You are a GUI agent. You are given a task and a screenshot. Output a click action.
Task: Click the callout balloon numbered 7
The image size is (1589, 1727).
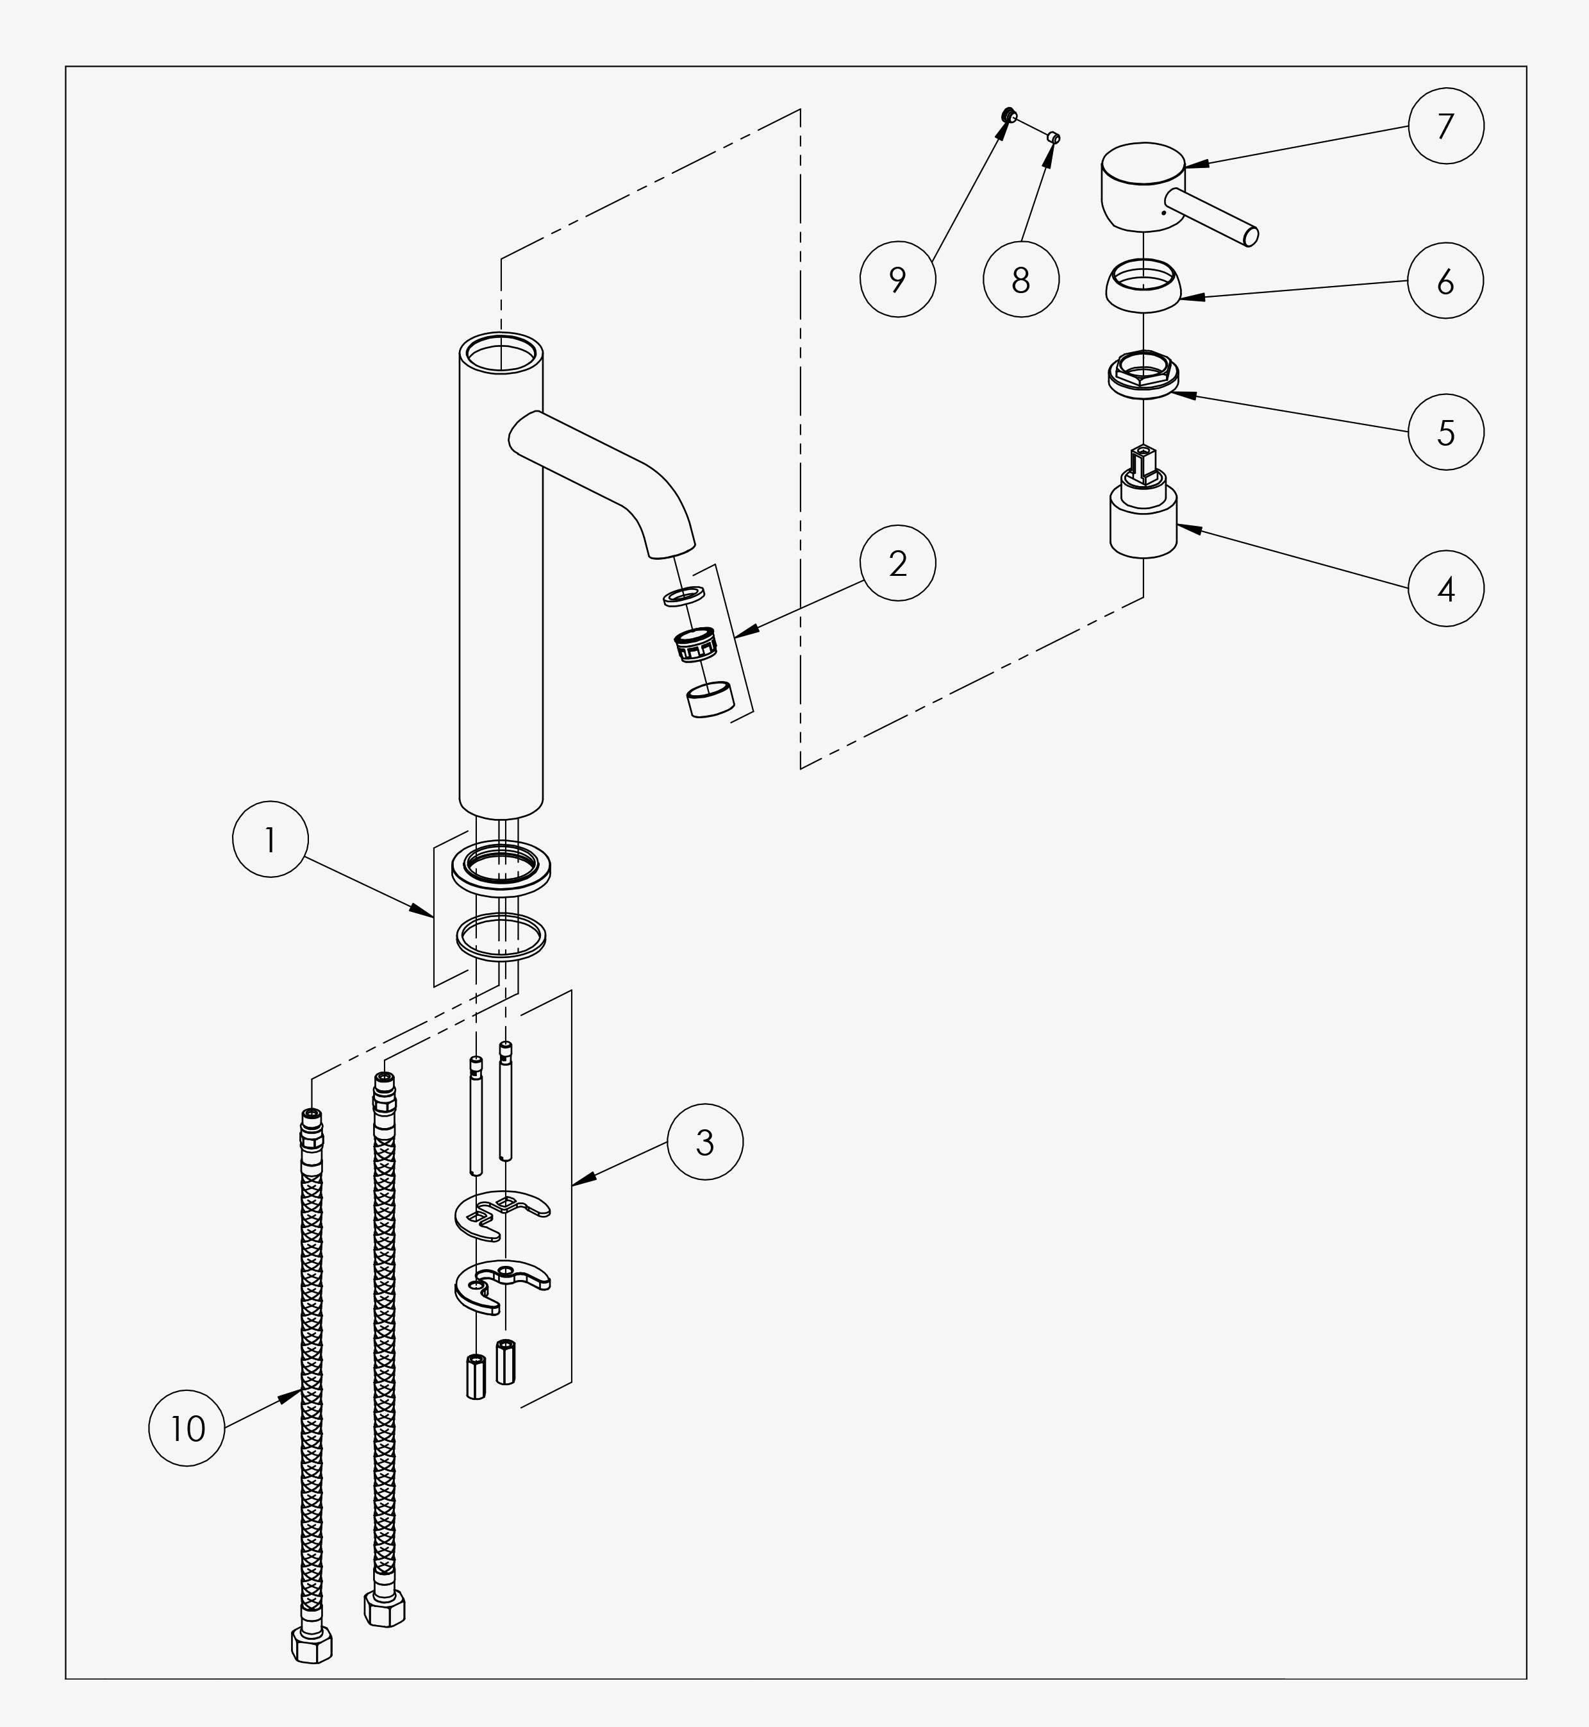point(1445,126)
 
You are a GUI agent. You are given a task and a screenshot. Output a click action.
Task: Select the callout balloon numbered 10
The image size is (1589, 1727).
point(187,1429)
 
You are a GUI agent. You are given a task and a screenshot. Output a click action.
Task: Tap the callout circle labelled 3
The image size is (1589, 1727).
point(705,1142)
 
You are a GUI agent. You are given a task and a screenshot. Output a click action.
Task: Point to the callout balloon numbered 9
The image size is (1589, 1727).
point(897,280)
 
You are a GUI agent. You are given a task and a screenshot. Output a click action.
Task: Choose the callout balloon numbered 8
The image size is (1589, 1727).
point(1020,280)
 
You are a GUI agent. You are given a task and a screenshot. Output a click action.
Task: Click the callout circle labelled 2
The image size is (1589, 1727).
point(897,563)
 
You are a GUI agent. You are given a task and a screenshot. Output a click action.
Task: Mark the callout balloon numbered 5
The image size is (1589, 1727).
point(1445,432)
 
